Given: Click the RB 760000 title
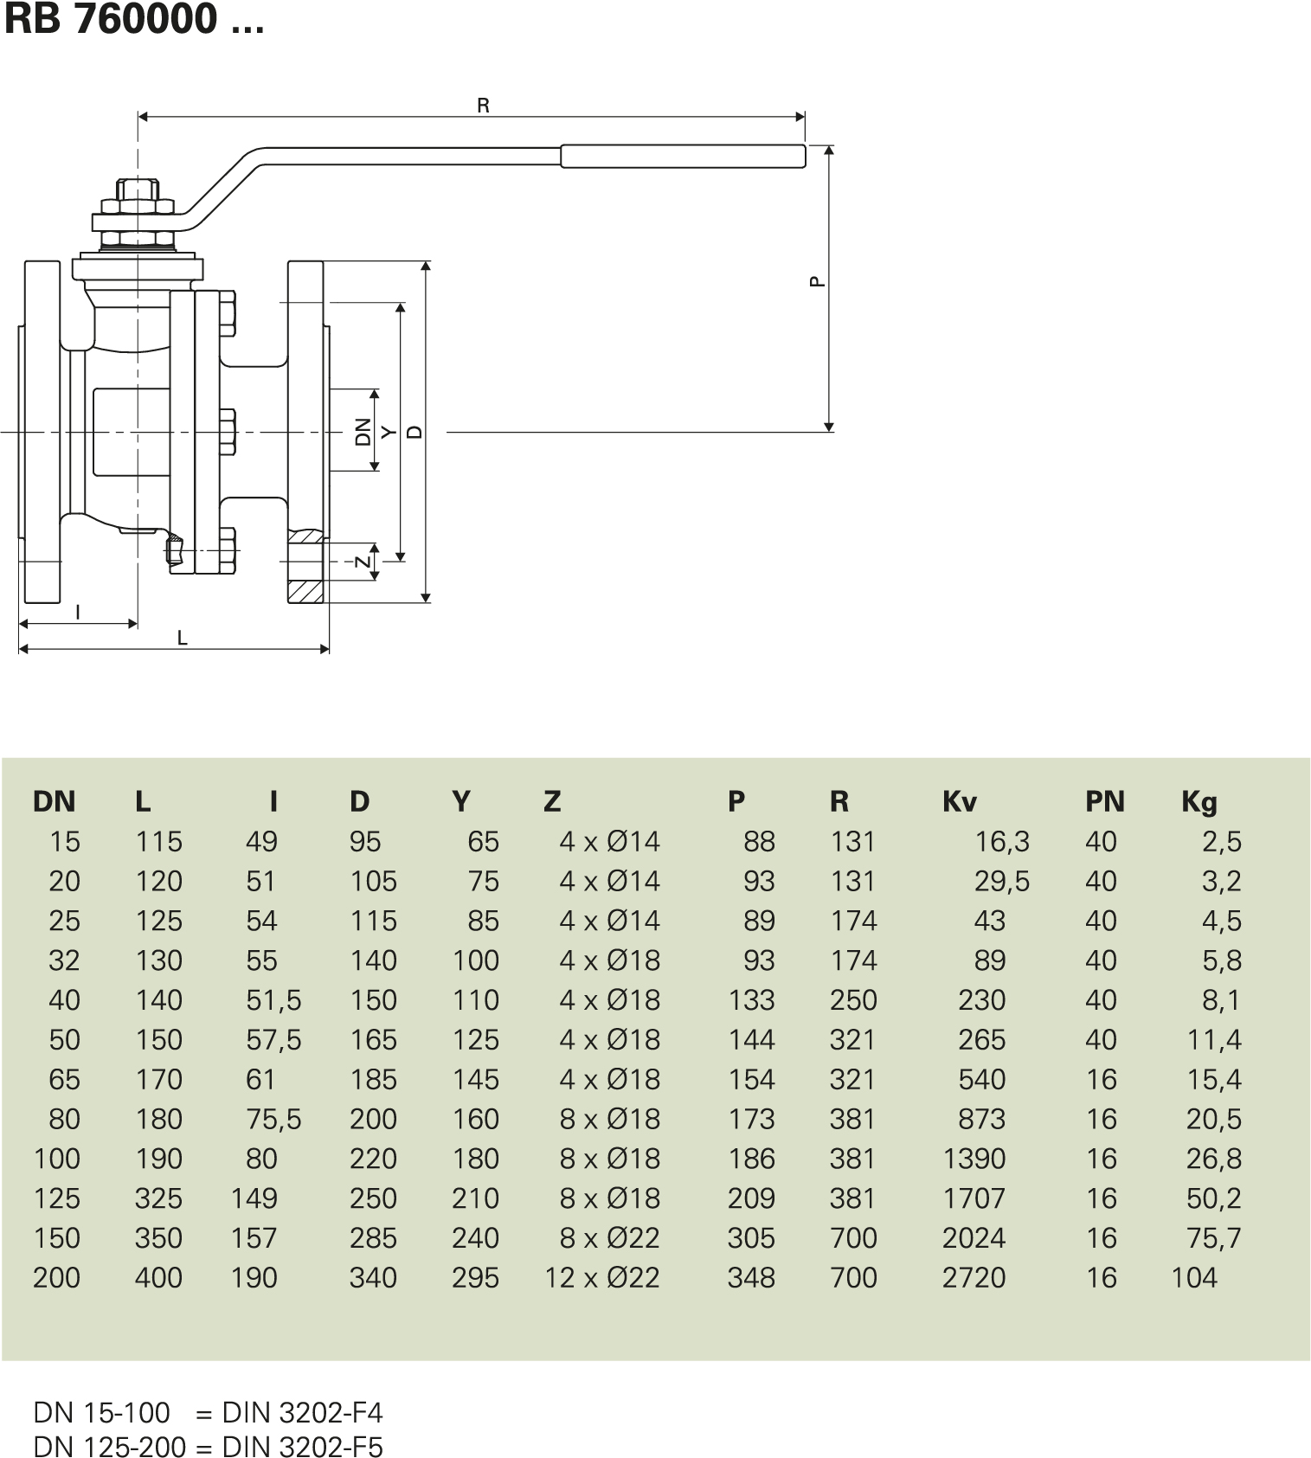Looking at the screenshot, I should pyautogui.click(x=134, y=19).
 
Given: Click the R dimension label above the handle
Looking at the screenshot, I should pyautogui.click(x=483, y=106).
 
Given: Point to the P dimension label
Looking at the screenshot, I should pyautogui.click(x=816, y=280).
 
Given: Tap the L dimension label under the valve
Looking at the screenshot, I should pyautogui.click(x=182, y=639).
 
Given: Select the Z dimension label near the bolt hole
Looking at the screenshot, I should pyautogui.click(x=364, y=561).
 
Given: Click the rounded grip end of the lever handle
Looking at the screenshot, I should pyautogui.click(x=684, y=156).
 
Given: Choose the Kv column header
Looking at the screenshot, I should pyautogui.click(x=959, y=802).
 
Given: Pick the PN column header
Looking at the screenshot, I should pyautogui.click(x=1104, y=802).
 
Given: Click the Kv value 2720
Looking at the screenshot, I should pyautogui.click(x=974, y=1278).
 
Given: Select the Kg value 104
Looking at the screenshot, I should pyautogui.click(x=1193, y=1278).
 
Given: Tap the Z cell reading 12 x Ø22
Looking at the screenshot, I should pyautogui.click(x=602, y=1278).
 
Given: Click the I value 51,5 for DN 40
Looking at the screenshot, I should pyautogui.click(x=273, y=1000).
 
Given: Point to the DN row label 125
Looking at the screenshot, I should pyautogui.click(x=56, y=1198).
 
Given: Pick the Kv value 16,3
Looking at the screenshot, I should pyautogui.click(x=1002, y=842).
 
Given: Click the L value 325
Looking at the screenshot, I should pyautogui.click(x=158, y=1198).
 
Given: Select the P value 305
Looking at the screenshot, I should pyautogui.click(x=750, y=1238).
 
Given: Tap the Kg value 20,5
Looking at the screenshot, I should pyautogui.click(x=1213, y=1120).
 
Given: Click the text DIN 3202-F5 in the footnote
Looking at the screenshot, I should pyautogui.click(x=302, y=1447).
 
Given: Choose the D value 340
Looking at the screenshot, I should pyautogui.click(x=373, y=1278).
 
